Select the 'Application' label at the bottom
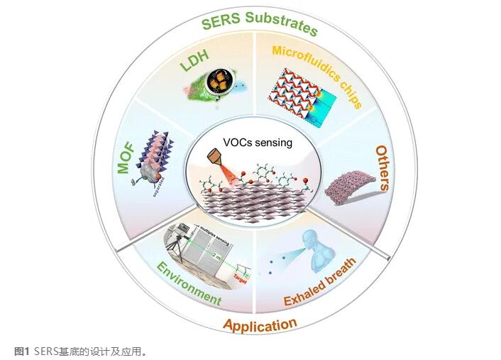point(260,325)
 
